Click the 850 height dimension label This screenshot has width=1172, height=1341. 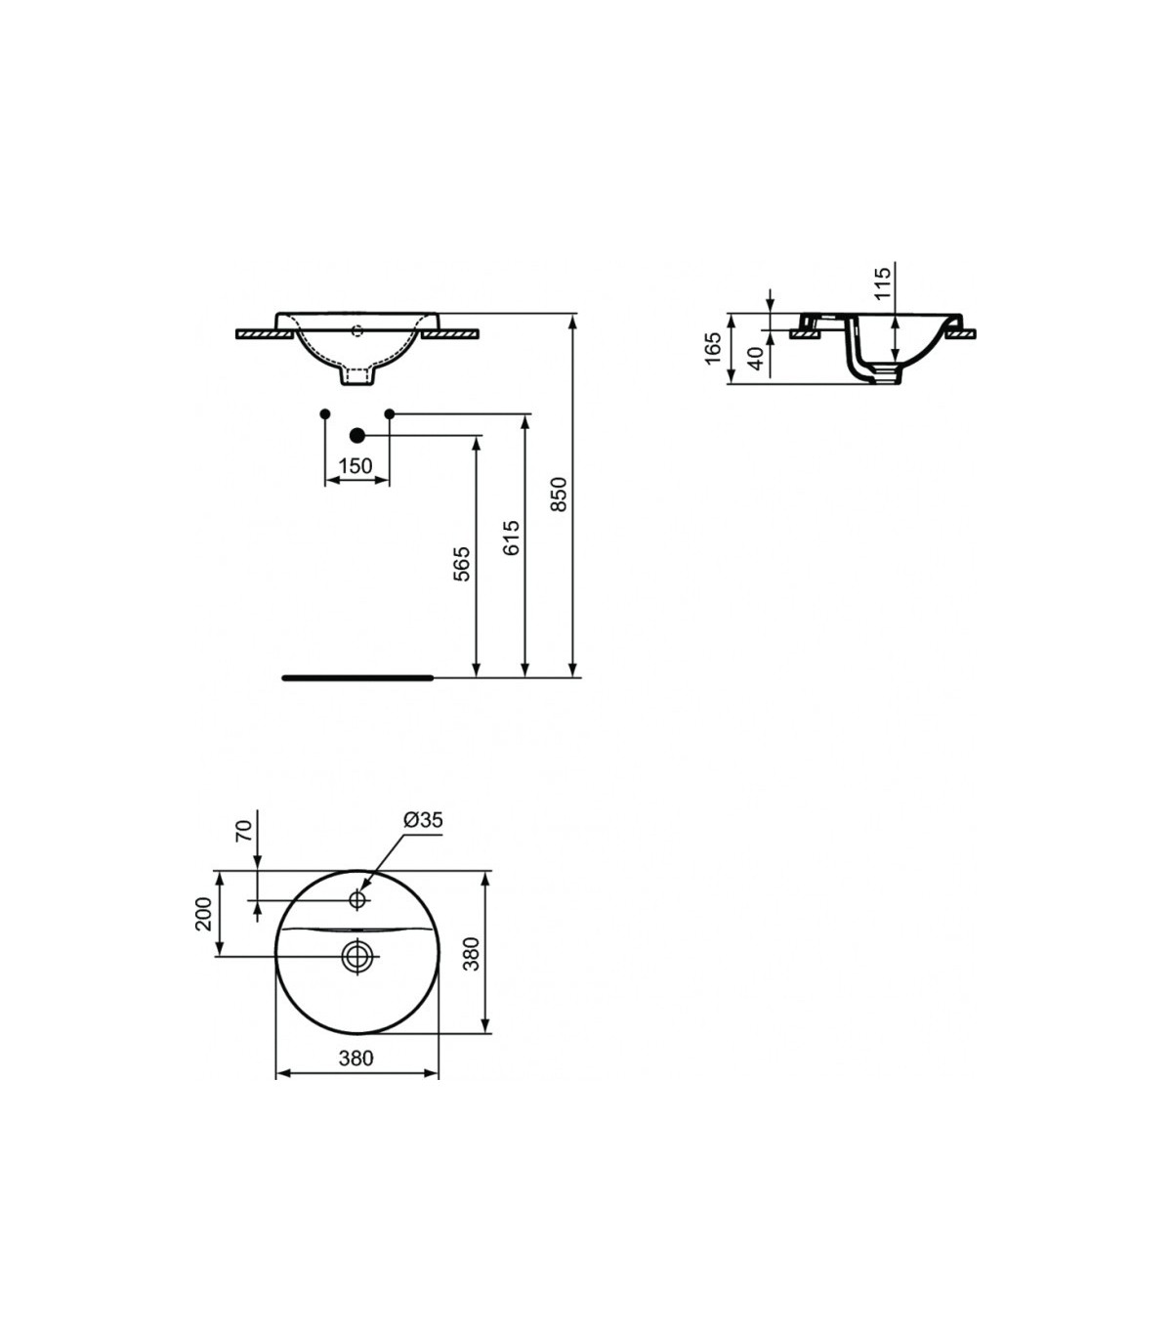(558, 495)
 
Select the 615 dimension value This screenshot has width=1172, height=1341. (511, 538)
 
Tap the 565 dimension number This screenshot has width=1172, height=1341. (462, 564)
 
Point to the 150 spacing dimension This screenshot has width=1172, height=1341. (356, 466)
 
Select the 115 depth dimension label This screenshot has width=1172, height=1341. (883, 282)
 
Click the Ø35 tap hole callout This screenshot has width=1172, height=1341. (423, 819)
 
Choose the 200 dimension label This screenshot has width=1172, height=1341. (203, 914)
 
